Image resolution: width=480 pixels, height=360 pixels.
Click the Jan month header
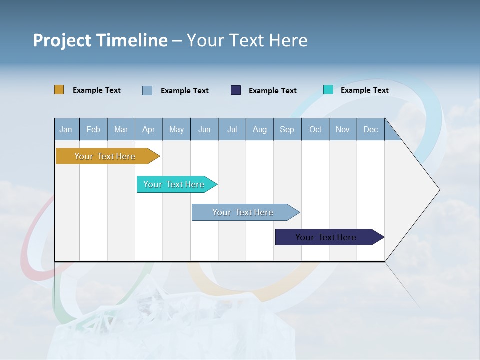[x=66, y=129]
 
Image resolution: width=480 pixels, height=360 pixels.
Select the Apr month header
[x=148, y=129]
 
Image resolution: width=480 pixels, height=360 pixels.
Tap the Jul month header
[x=232, y=129]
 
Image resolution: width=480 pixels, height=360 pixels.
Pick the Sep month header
[x=287, y=129]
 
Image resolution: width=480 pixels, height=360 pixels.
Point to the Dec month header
[x=370, y=129]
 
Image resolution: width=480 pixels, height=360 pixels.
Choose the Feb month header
[x=93, y=129]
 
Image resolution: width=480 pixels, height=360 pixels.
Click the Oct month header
[x=315, y=129]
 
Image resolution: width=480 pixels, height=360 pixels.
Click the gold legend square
[x=59, y=90]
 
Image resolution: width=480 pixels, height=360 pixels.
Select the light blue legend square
[x=147, y=90]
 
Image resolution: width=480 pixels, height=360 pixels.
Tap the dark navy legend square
[x=236, y=90]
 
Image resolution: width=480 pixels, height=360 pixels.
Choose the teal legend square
[x=328, y=90]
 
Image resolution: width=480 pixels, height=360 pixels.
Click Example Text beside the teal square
[x=364, y=90]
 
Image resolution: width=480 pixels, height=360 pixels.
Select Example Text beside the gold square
[x=97, y=90]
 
